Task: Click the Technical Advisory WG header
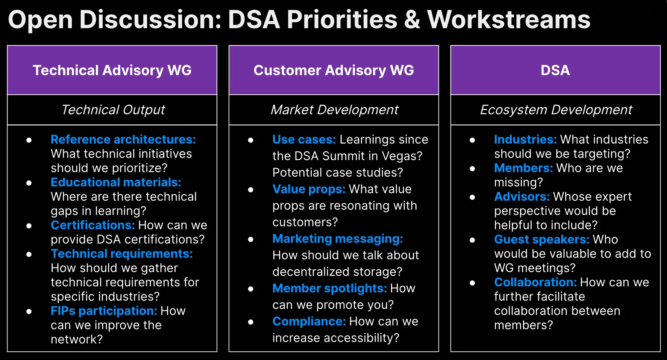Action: [112, 70]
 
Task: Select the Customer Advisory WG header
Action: [334, 70]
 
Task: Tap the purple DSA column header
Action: [555, 70]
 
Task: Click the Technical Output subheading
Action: [113, 110]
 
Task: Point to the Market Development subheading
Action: [334, 110]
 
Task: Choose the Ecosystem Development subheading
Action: [556, 110]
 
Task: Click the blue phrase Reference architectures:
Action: [123, 139]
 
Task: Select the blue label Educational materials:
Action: [116, 182]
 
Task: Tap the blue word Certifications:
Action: [92, 225]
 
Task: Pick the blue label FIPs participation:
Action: [104, 311]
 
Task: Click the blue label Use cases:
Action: [304, 139]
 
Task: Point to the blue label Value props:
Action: [309, 189]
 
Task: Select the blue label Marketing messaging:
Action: [338, 239]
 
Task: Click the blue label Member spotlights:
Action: [329, 288]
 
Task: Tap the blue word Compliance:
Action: [309, 321]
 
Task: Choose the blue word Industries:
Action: [525, 139]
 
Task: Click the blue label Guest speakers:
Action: [542, 239]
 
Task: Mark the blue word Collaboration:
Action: [535, 282]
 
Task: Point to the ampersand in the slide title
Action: [412, 20]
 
